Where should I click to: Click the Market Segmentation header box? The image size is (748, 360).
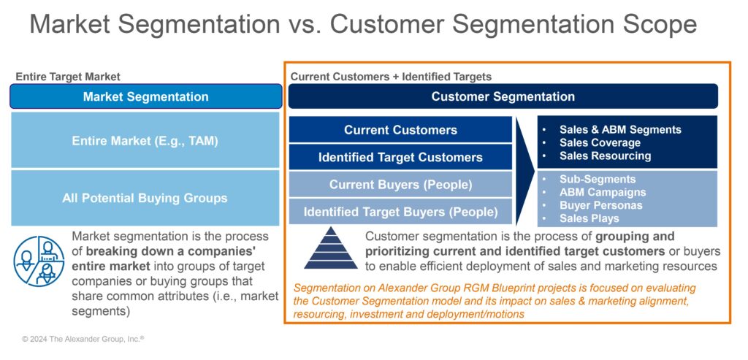tap(145, 96)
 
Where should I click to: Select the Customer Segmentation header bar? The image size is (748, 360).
tap(503, 96)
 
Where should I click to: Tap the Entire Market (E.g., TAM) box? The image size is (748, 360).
tap(145, 141)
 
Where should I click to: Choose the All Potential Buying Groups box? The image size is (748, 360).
tap(145, 198)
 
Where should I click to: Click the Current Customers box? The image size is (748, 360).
tap(400, 130)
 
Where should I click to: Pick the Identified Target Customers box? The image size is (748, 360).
tap(400, 157)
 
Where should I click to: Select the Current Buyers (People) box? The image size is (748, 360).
tap(400, 185)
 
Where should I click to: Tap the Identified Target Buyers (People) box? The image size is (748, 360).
tap(400, 212)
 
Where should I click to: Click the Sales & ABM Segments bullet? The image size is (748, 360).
tap(619, 129)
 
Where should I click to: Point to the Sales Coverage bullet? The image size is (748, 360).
tap(599, 142)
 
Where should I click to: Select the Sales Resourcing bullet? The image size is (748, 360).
tap(604, 156)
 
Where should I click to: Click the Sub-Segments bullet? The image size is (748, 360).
tap(597, 179)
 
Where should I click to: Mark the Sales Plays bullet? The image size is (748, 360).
tap(589, 218)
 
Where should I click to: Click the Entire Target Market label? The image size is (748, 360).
tap(68, 77)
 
